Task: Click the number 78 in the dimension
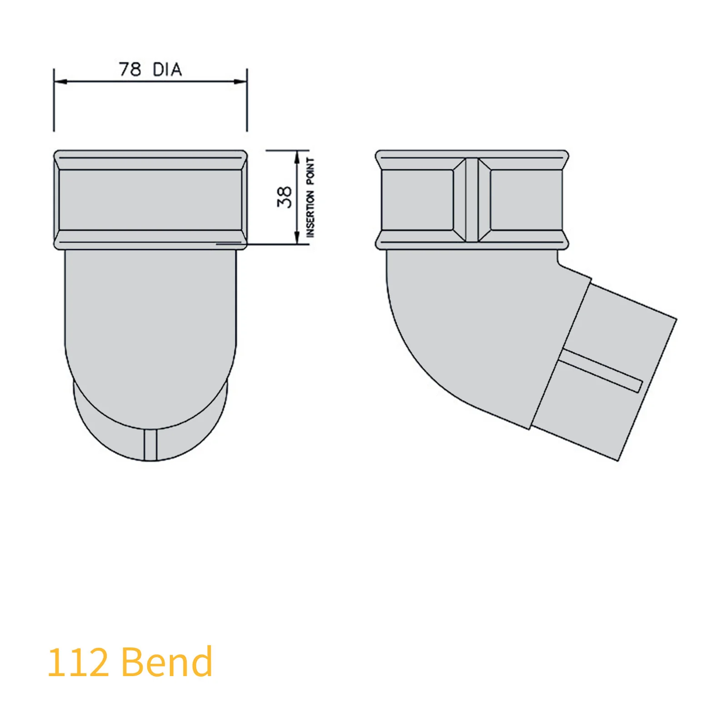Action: [x=129, y=70]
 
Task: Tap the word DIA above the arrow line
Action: [x=167, y=70]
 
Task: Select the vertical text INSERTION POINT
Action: [x=310, y=197]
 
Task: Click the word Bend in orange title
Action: [x=167, y=662]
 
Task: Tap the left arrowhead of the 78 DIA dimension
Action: [x=60, y=82]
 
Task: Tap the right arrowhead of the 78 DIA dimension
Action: [x=241, y=82]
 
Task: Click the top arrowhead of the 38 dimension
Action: [x=297, y=157]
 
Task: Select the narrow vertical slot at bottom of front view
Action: [x=150, y=444]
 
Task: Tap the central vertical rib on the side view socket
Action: [x=472, y=200]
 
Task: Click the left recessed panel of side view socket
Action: [x=417, y=200]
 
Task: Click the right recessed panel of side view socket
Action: [x=526, y=200]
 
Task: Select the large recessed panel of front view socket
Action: [x=150, y=200]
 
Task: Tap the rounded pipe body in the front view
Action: [x=150, y=327]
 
